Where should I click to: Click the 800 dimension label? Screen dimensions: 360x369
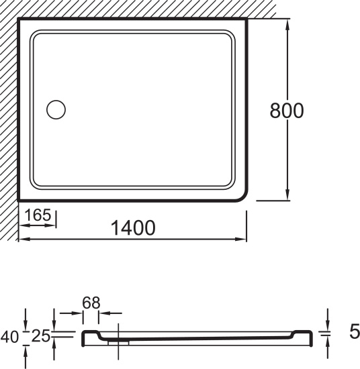pos(287,111)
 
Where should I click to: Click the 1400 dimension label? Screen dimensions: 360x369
pos(133,227)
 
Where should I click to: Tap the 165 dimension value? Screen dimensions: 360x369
pos(38,215)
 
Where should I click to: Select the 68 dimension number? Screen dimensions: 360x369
pos(91,303)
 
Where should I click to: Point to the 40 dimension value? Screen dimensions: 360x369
pos(9,337)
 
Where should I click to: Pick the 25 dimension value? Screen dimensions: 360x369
pos(41,336)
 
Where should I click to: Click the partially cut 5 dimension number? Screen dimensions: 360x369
pos(355,331)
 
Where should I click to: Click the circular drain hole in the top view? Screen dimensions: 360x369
pos(56,109)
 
